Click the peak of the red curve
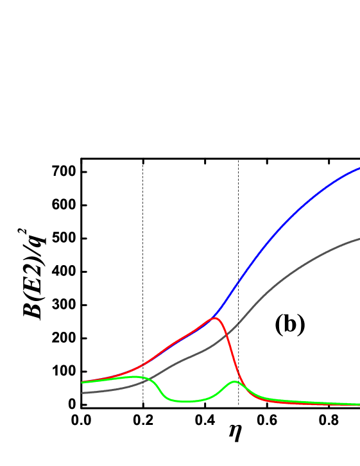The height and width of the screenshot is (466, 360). (214, 318)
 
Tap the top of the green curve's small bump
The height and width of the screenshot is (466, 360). (234, 382)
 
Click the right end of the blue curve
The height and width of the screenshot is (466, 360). (359, 168)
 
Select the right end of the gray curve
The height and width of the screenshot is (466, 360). (359, 239)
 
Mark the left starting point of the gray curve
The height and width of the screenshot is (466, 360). (83, 393)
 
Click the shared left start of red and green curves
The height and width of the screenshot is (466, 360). (83, 383)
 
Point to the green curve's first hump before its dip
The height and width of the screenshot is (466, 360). (137, 377)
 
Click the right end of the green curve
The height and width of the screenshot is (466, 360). (359, 404)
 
